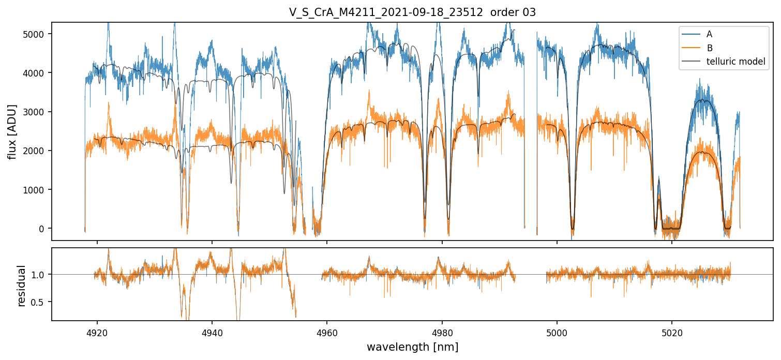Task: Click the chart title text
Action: [x=412, y=12]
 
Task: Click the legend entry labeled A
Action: [x=709, y=34]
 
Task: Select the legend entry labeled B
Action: [x=709, y=48]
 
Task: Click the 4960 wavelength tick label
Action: [x=327, y=331]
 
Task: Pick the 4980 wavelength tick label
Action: [x=442, y=331]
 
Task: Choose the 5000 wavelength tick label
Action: [x=557, y=331]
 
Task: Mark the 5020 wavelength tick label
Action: [x=672, y=331]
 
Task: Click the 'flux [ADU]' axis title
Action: [x=12, y=131]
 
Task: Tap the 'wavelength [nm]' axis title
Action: [x=412, y=347]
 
